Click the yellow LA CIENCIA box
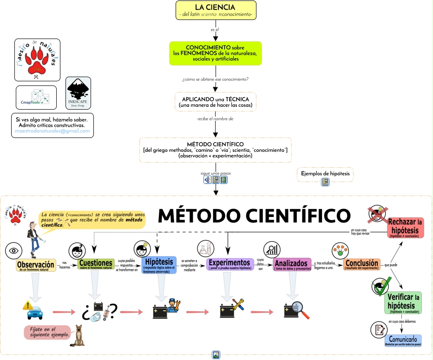(216, 10)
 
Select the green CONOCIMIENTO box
(215, 53)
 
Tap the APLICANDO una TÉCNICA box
(215, 102)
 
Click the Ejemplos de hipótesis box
(325, 174)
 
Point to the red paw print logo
(38, 59)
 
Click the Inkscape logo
(78, 93)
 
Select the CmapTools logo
(36, 97)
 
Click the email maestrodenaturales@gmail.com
(52, 131)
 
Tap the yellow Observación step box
(36, 266)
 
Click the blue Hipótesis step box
(159, 265)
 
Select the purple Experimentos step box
(230, 264)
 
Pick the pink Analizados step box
(292, 265)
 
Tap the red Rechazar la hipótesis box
(406, 228)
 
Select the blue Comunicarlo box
(403, 341)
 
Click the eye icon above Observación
(13, 251)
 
